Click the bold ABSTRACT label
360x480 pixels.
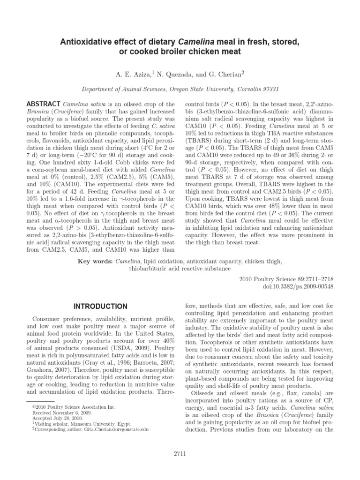43,104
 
